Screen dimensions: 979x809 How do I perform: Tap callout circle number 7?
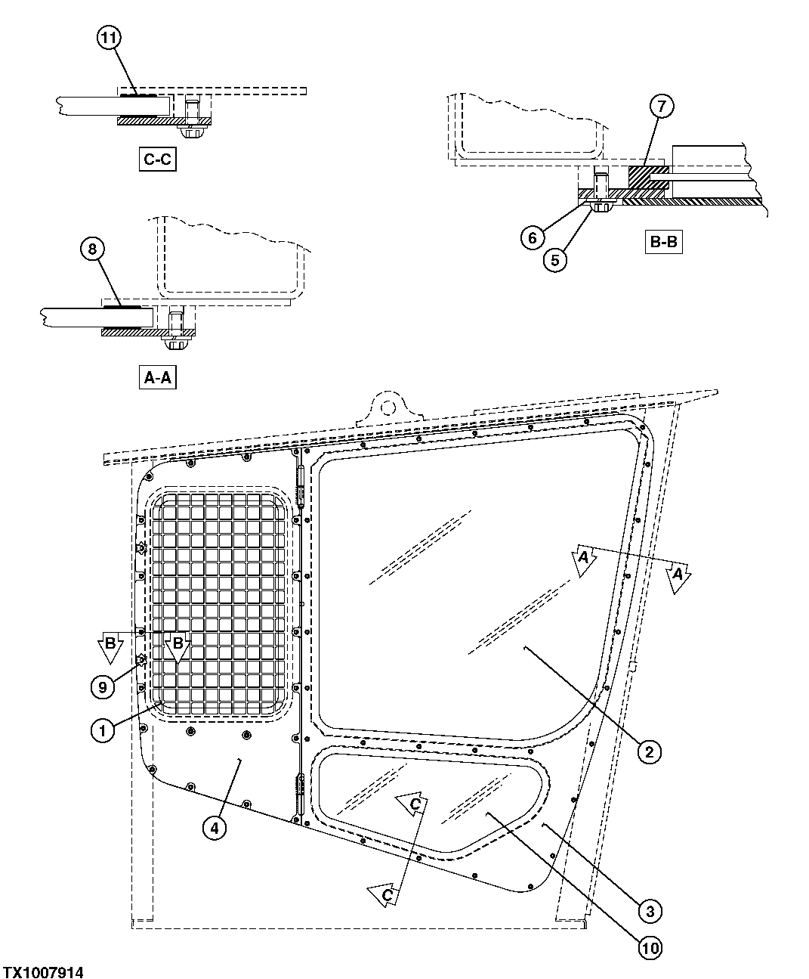click(660, 107)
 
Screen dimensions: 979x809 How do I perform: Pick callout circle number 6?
click(532, 237)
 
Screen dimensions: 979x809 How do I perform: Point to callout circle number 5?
click(555, 260)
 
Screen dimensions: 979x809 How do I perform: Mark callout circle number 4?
click(215, 828)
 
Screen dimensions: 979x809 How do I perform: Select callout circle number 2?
click(649, 751)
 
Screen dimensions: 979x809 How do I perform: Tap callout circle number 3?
click(649, 911)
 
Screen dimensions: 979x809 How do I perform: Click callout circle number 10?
click(649, 946)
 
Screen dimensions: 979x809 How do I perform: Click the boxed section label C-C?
click(157, 160)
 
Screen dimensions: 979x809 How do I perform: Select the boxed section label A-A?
click(157, 377)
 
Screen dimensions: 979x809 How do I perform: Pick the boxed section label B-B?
click(664, 243)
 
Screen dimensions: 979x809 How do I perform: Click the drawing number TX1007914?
click(43, 972)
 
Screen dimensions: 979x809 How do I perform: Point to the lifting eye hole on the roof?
click(388, 407)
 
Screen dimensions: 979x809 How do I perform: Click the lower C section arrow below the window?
click(385, 894)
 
